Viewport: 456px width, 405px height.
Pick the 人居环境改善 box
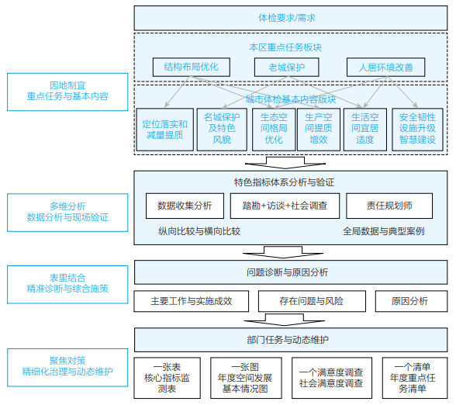[385, 67]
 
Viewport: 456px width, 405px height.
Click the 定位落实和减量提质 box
[163, 129]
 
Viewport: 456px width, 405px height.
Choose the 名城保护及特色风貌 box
[218, 129]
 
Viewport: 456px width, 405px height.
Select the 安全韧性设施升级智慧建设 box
[418, 129]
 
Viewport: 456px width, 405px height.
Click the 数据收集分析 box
[184, 206]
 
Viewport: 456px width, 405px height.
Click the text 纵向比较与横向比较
[199, 231]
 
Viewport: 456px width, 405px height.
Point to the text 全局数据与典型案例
[383, 231]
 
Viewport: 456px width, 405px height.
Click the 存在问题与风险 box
[310, 300]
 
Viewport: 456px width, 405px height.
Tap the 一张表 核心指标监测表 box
[168, 378]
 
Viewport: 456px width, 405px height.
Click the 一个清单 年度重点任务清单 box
[413, 378]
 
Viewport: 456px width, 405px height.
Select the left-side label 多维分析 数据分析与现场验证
[67, 212]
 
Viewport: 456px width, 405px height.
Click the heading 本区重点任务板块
[285, 47]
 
